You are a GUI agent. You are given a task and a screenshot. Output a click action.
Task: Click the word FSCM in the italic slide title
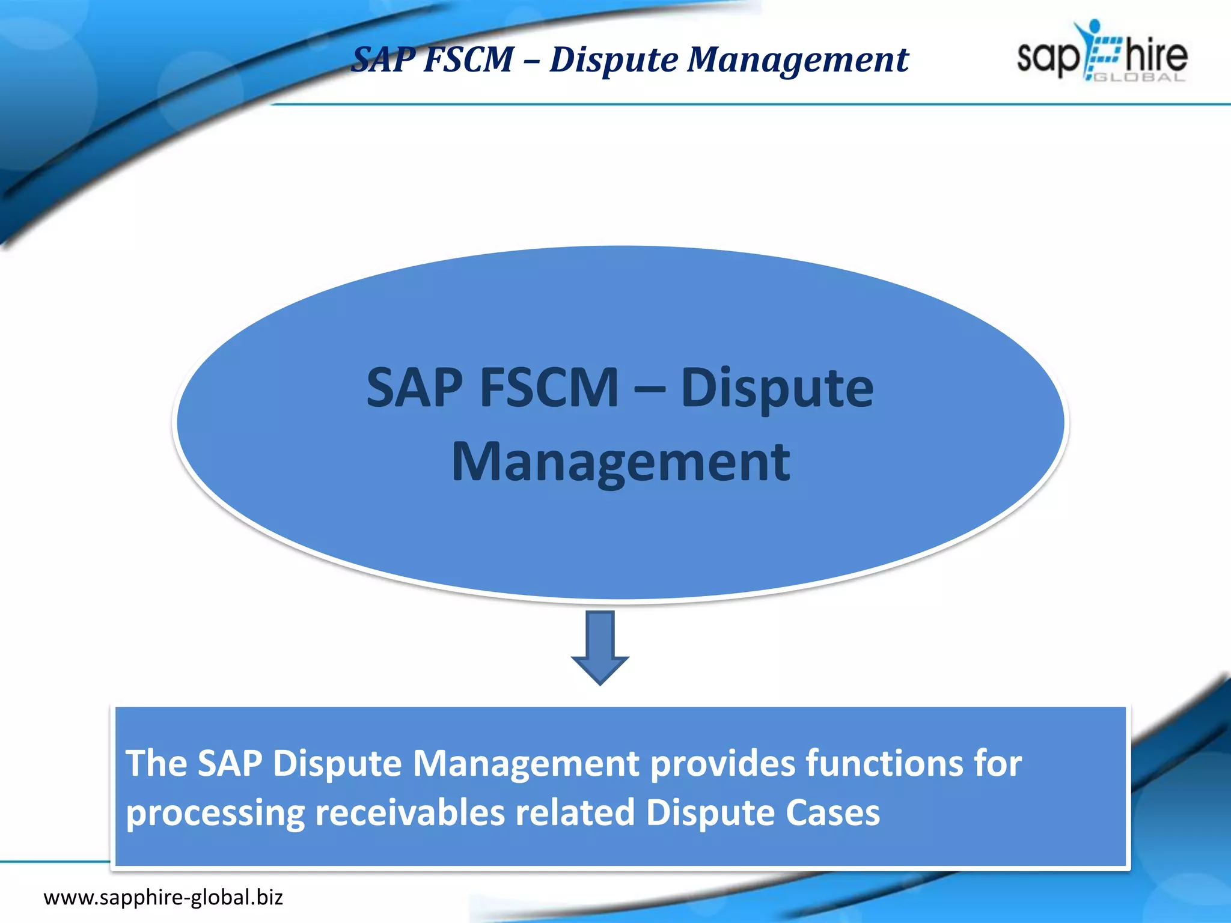469,60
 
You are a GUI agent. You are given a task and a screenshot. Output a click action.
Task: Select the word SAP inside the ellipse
415,388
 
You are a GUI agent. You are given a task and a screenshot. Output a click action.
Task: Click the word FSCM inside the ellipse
549,388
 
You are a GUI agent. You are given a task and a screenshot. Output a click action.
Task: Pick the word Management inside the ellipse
620,463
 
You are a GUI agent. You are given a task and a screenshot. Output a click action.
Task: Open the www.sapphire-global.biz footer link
163,898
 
